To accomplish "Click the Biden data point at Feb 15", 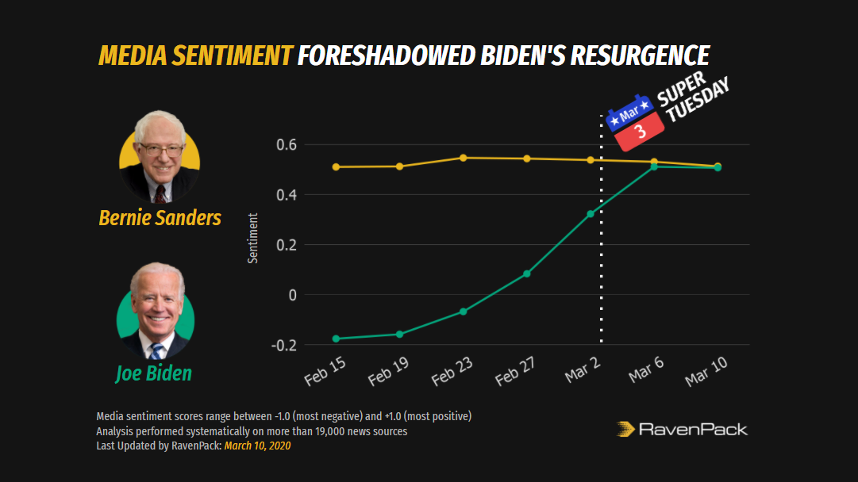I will point(336,339).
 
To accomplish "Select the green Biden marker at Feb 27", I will point(527,274).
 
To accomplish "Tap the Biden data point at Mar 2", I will point(591,214).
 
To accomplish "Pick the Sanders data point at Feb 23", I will point(464,158).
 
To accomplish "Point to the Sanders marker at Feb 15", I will point(336,167).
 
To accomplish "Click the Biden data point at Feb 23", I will point(464,312).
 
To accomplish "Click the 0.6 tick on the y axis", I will point(287,145).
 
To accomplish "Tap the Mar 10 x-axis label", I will point(706,371).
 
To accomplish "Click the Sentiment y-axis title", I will point(253,238).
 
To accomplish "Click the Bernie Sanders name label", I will point(160,218).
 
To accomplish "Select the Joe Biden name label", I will point(154,373).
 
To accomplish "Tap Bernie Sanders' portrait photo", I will point(160,157).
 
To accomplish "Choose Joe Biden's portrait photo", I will point(156,312).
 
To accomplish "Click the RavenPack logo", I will point(682,430).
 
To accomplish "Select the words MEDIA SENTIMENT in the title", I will point(194,55).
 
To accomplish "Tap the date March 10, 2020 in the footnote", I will point(257,446).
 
